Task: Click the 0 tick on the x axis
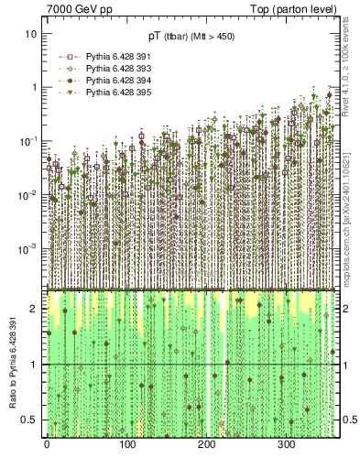point(47,446)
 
